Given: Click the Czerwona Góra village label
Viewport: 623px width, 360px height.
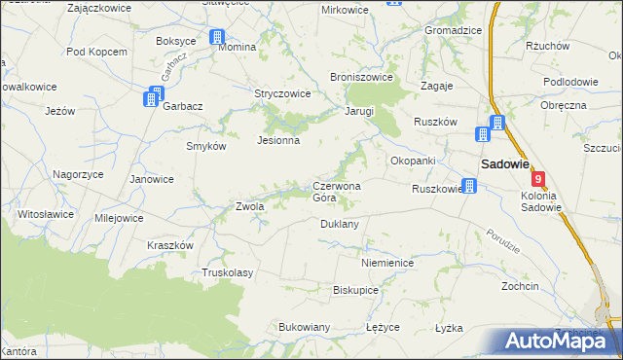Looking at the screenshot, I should [336, 192].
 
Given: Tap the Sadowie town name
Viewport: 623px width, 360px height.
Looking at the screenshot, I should [503, 164].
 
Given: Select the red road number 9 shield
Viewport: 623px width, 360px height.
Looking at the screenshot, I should [538, 179].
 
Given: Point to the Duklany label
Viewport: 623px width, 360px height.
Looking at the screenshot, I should [340, 224].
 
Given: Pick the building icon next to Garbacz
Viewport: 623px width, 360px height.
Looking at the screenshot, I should [152, 98].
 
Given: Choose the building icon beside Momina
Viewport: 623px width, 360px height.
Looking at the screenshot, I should [216, 38].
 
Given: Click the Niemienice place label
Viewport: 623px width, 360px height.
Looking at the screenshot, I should [386, 263].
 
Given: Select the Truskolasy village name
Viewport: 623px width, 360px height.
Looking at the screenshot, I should [227, 273].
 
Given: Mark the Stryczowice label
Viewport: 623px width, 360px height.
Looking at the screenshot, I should [281, 94].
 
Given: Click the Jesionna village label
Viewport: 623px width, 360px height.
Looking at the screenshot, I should [277, 140].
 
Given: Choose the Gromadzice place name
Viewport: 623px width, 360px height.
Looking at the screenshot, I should [453, 30].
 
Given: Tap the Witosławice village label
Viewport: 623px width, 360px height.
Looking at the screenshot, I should [46, 213].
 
